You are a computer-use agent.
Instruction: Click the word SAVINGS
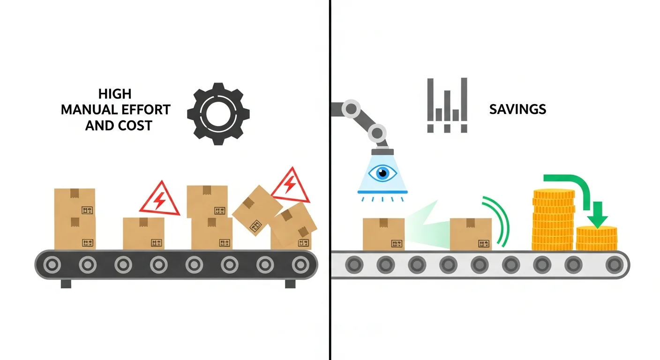(x=517, y=109)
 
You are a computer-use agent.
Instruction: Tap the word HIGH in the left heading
(x=115, y=94)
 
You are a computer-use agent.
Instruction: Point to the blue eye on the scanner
(x=382, y=173)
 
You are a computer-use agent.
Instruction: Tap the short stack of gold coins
(x=596, y=239)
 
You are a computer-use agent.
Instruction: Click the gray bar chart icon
(x=447, y=105)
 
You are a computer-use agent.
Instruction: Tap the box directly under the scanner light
(x=383, y=234)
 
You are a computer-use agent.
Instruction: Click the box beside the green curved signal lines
(x=470, y=234)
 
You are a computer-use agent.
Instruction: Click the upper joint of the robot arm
(x=350, y=109)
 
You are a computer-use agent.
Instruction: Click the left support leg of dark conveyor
(x=66, y=284)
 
